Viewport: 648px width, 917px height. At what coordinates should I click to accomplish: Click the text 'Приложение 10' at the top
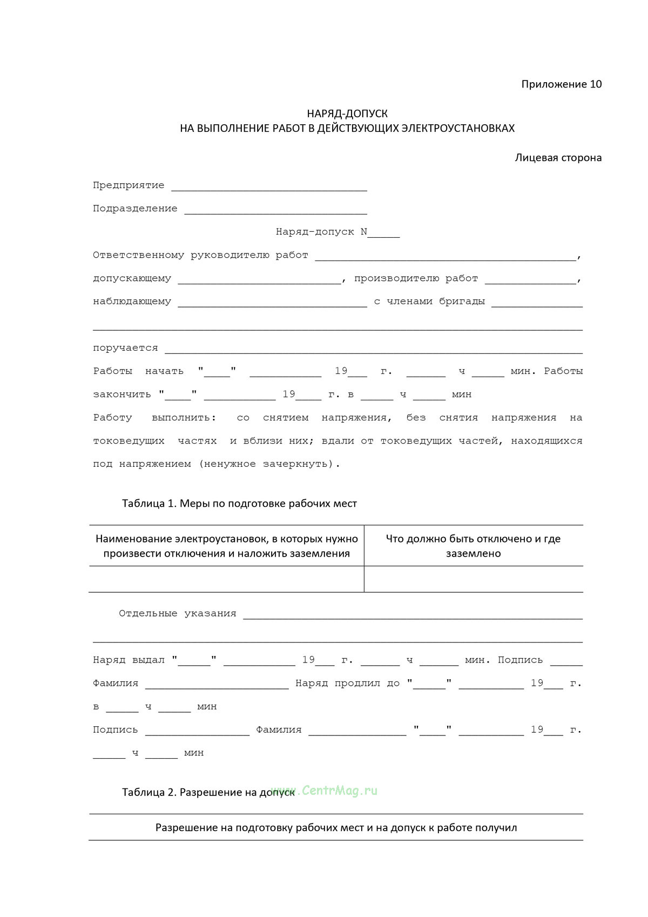click(x=561, y=84)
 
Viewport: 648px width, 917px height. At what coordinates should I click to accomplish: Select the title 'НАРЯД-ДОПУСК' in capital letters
click(x=347, y=113)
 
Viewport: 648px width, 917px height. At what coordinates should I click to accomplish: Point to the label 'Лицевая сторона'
click(x=558, y=158)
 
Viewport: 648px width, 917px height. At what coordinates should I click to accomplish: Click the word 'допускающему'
click(x=132, y=279)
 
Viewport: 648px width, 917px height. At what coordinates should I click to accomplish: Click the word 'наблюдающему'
click(x=132, y=302)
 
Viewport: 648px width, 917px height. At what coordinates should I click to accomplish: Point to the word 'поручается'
click(x=125, y=349)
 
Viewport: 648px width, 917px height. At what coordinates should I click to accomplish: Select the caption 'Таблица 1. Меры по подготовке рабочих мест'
click(x=239, y=504)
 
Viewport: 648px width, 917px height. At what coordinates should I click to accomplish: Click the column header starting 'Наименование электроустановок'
click(x=227, y=546)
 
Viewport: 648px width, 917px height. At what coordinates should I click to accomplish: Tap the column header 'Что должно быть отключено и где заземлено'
click(x=473, y=546)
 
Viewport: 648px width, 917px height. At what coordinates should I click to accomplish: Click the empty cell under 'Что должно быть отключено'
click(x=473, y=579)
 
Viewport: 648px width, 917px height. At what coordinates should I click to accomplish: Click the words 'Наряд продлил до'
click(x=347, y=684)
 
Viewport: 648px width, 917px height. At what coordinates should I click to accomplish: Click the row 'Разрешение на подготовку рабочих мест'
click(x=336, y=827)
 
